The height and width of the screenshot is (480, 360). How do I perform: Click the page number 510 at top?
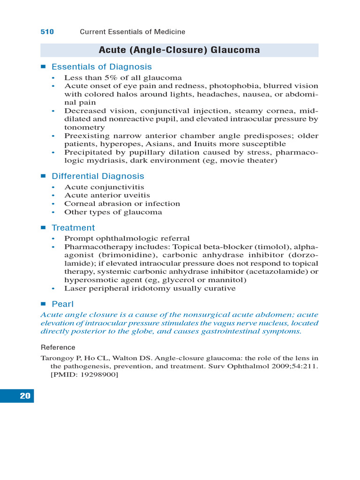pos(47,32)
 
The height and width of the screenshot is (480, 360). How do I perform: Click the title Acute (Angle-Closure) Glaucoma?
pos(179,50)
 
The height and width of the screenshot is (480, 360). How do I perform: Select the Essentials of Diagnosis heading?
pos(101,67)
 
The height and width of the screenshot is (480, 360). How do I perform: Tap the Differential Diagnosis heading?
pos(97,176)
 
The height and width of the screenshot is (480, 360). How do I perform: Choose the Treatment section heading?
pos(73,228)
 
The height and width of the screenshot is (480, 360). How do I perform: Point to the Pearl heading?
pos(62,304)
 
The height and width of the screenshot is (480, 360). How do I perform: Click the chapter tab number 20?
pos(25,396)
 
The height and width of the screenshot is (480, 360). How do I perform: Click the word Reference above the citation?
pos(58,347)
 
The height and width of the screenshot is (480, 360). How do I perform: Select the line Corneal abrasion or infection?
pos(122,204)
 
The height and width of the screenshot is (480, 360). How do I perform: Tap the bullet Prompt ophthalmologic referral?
pos(127,238)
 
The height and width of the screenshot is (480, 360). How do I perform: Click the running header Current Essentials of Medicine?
pos(132,32)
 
